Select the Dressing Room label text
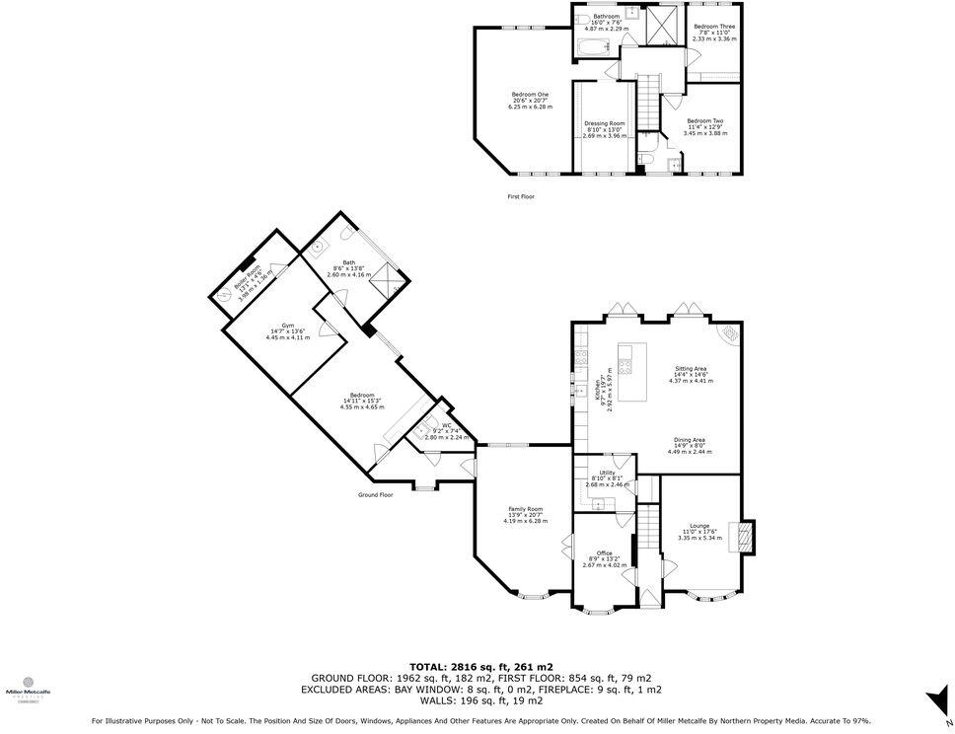[604, 129]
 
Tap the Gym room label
[287, 331]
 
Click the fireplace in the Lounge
[747, 534]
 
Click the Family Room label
[525, 514]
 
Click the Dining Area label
[690, 446]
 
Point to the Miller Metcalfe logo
[28, 687]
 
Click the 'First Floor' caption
[520, 196]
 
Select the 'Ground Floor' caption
[375, 494]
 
